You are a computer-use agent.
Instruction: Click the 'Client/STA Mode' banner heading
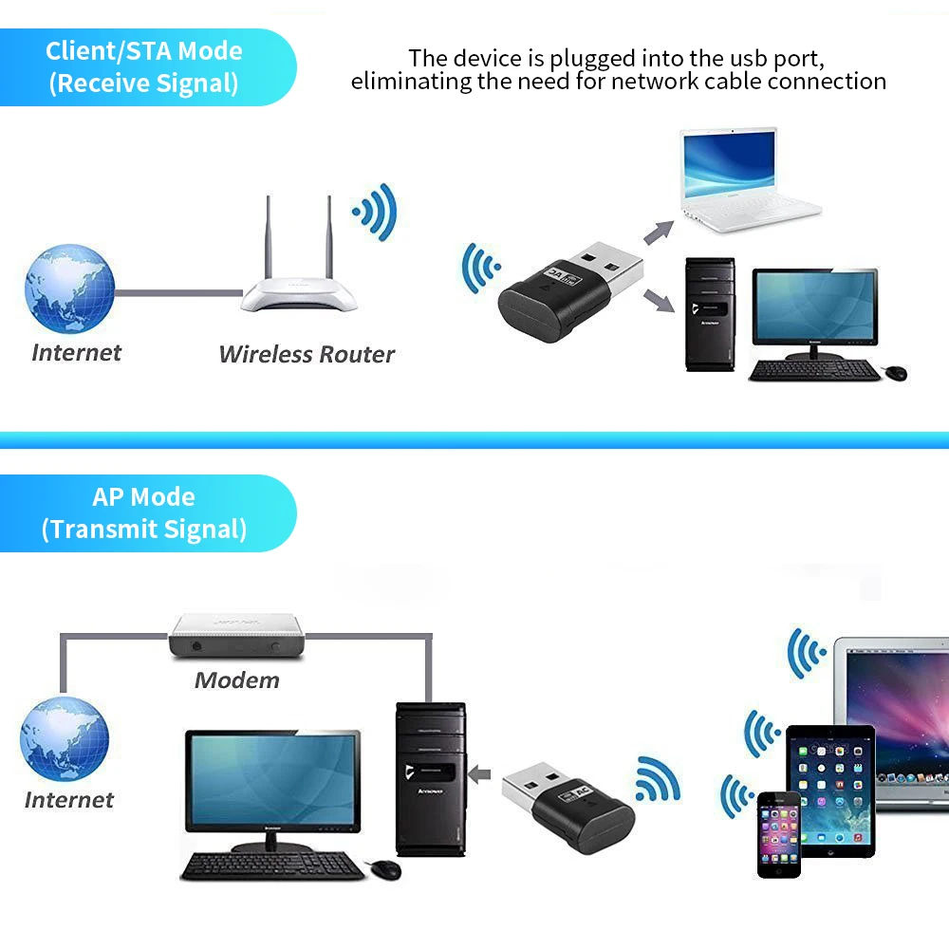[x=144, y=51]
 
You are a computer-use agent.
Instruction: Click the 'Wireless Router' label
[x=307, y=354]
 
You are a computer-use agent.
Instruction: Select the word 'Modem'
[x=236, y=680]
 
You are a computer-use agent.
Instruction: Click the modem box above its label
[x=236, y=636]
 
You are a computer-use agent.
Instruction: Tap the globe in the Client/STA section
[x=69, y=288]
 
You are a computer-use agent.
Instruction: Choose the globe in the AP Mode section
[x=65, y=739]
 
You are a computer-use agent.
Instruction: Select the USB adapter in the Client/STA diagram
[x=568, y=291]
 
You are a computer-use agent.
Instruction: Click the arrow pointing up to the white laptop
[x=659, y=232]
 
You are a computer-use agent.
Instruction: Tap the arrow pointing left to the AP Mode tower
[x=479, y=774]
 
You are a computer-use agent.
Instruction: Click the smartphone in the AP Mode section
[x=779, y=834]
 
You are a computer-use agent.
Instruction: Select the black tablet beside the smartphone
[x=830, y=791]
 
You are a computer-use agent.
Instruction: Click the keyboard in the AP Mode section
[x=272, y=866]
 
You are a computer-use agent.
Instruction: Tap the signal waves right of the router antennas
[x=375, y=213]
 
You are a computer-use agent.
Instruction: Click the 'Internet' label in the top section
[x=76, y=352]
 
